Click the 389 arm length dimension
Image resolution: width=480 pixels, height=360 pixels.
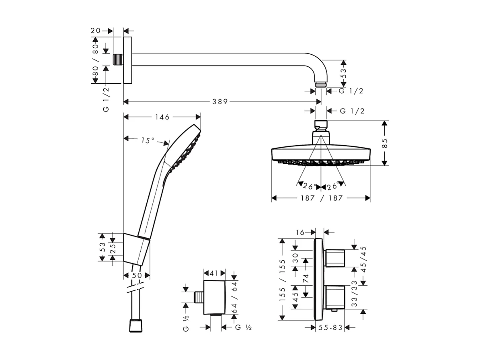[x=220, y=102]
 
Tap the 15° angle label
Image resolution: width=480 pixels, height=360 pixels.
[x=148, y=140]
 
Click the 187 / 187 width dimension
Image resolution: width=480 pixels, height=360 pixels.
[x=321, y=198]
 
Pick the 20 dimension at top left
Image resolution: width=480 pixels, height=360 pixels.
[x=96, y=31]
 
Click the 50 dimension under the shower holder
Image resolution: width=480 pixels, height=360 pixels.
[x=137, y=276]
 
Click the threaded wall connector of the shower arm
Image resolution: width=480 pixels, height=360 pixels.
[x=118, y=60]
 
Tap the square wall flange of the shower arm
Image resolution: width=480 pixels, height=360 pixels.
[x=127, y=60]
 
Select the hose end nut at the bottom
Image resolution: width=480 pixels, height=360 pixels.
[x=136, y=325]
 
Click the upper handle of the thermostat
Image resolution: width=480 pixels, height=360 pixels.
[x=334, y=258]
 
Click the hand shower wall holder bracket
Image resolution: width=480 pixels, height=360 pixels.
[x=136, y=248]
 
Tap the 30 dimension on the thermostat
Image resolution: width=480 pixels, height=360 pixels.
[x=296, y=257]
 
